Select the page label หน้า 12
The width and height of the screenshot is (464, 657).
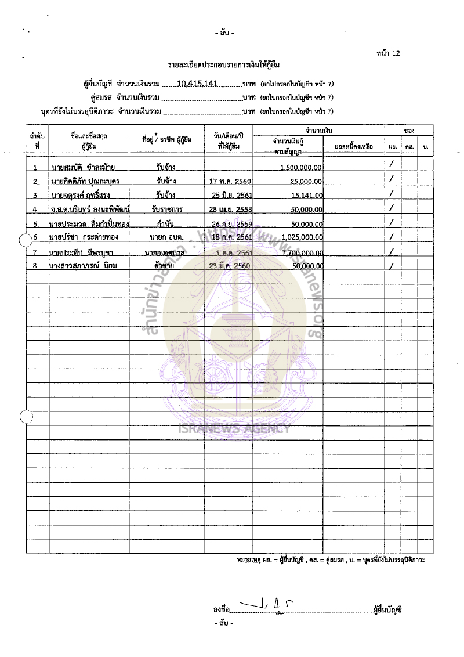(388, 53)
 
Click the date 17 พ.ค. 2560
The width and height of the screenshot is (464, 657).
(230, 181)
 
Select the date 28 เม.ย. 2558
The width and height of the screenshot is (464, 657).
(230, 210)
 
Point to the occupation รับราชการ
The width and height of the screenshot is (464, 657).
(166, 210)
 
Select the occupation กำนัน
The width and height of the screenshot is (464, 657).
(166, 223)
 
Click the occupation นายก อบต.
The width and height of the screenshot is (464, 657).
(166, 237)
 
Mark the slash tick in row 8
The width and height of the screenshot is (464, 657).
(392, 266)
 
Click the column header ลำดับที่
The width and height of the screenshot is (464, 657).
(37, 140)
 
